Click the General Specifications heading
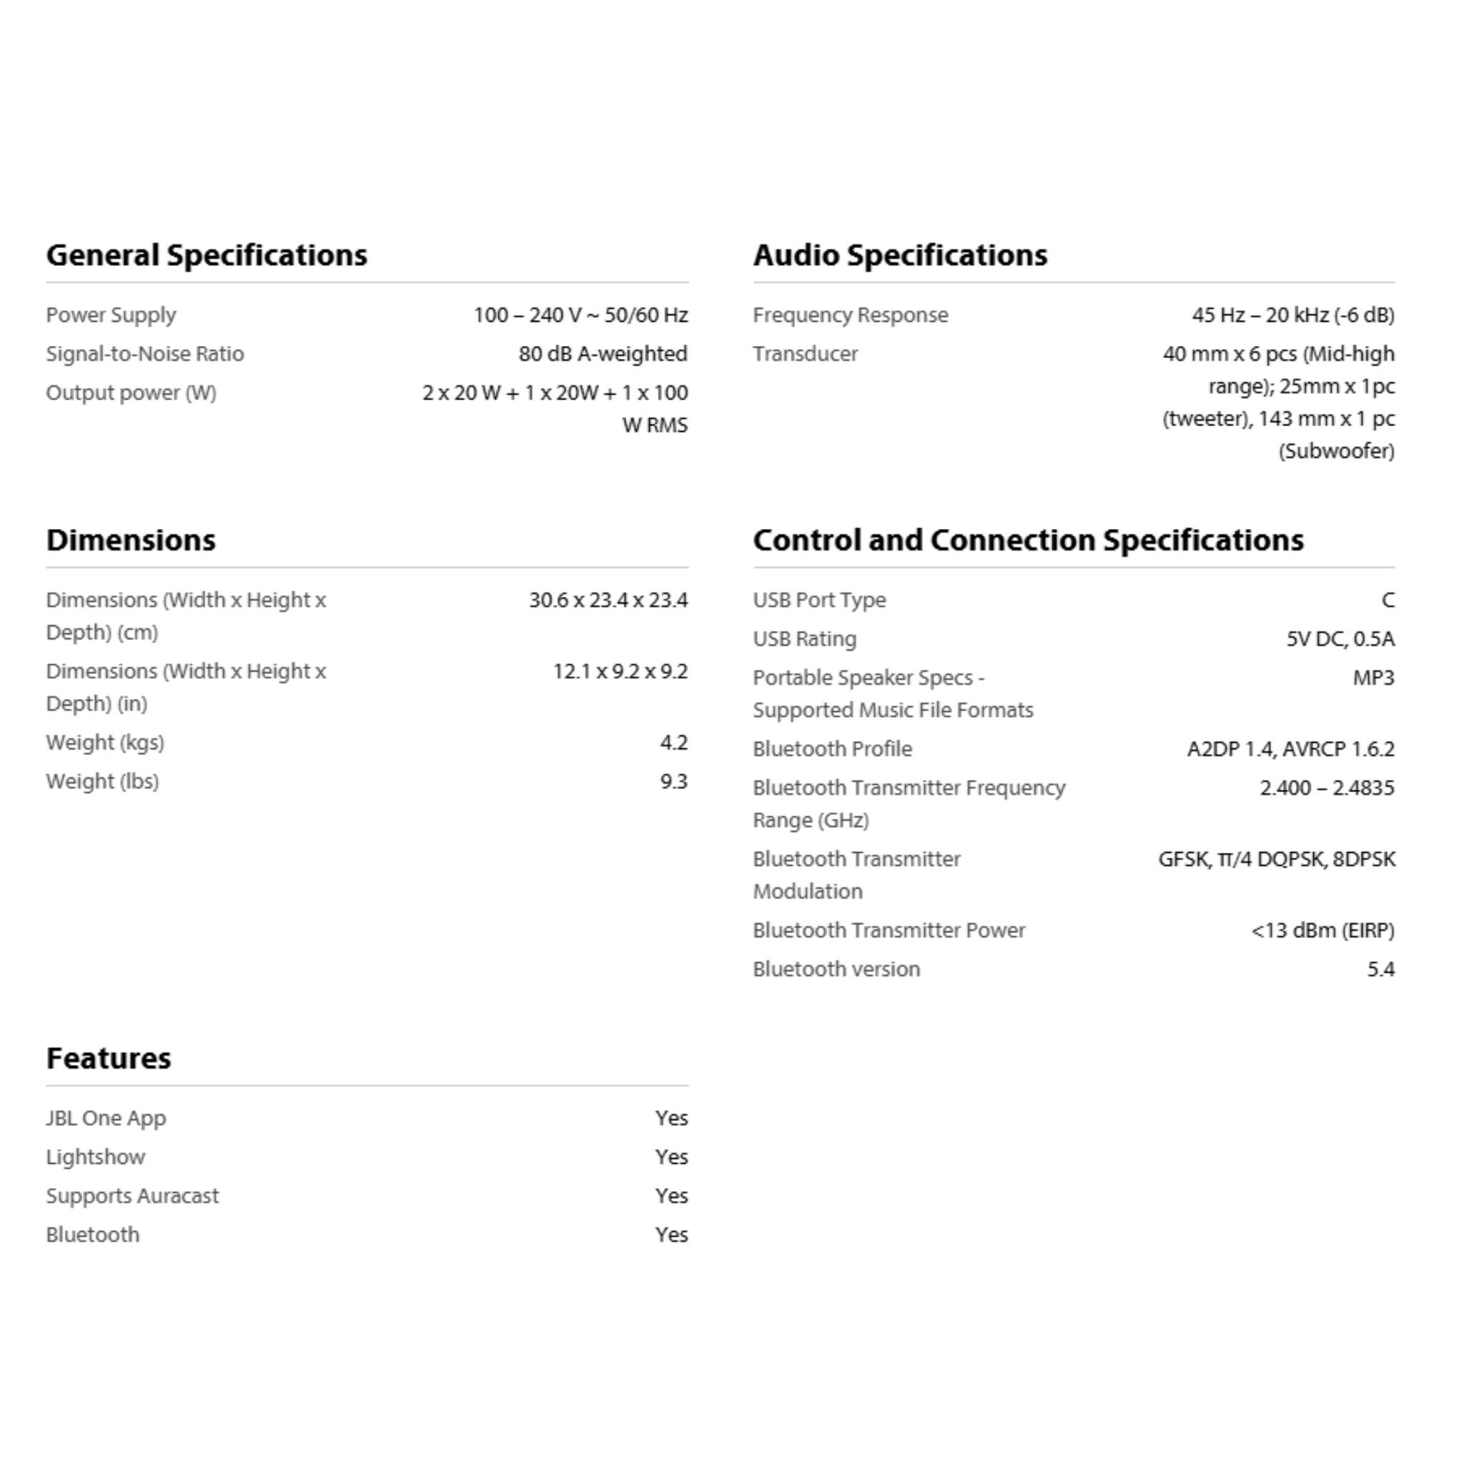point(206,255)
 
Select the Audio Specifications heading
point(899,255)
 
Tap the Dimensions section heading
point(130,540)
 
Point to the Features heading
point(109,1059)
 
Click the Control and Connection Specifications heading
point(1027,540)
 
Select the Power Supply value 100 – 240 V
point(580,315)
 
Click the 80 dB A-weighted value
point(603,354)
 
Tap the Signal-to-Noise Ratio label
point(144,354)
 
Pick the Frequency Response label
point(849,315)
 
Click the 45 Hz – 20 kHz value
point(1292,315)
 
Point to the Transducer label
point(805,354)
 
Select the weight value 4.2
point(673,743)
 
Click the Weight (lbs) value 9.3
point(673,781)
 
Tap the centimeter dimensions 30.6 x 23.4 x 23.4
point(608,600)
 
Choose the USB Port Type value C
point(1387,600)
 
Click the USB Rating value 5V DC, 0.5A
point(1340,639)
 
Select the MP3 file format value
point(1372,678)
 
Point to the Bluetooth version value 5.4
point(1380,969)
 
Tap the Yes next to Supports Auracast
point(671,1196)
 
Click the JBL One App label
point(105,1119)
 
